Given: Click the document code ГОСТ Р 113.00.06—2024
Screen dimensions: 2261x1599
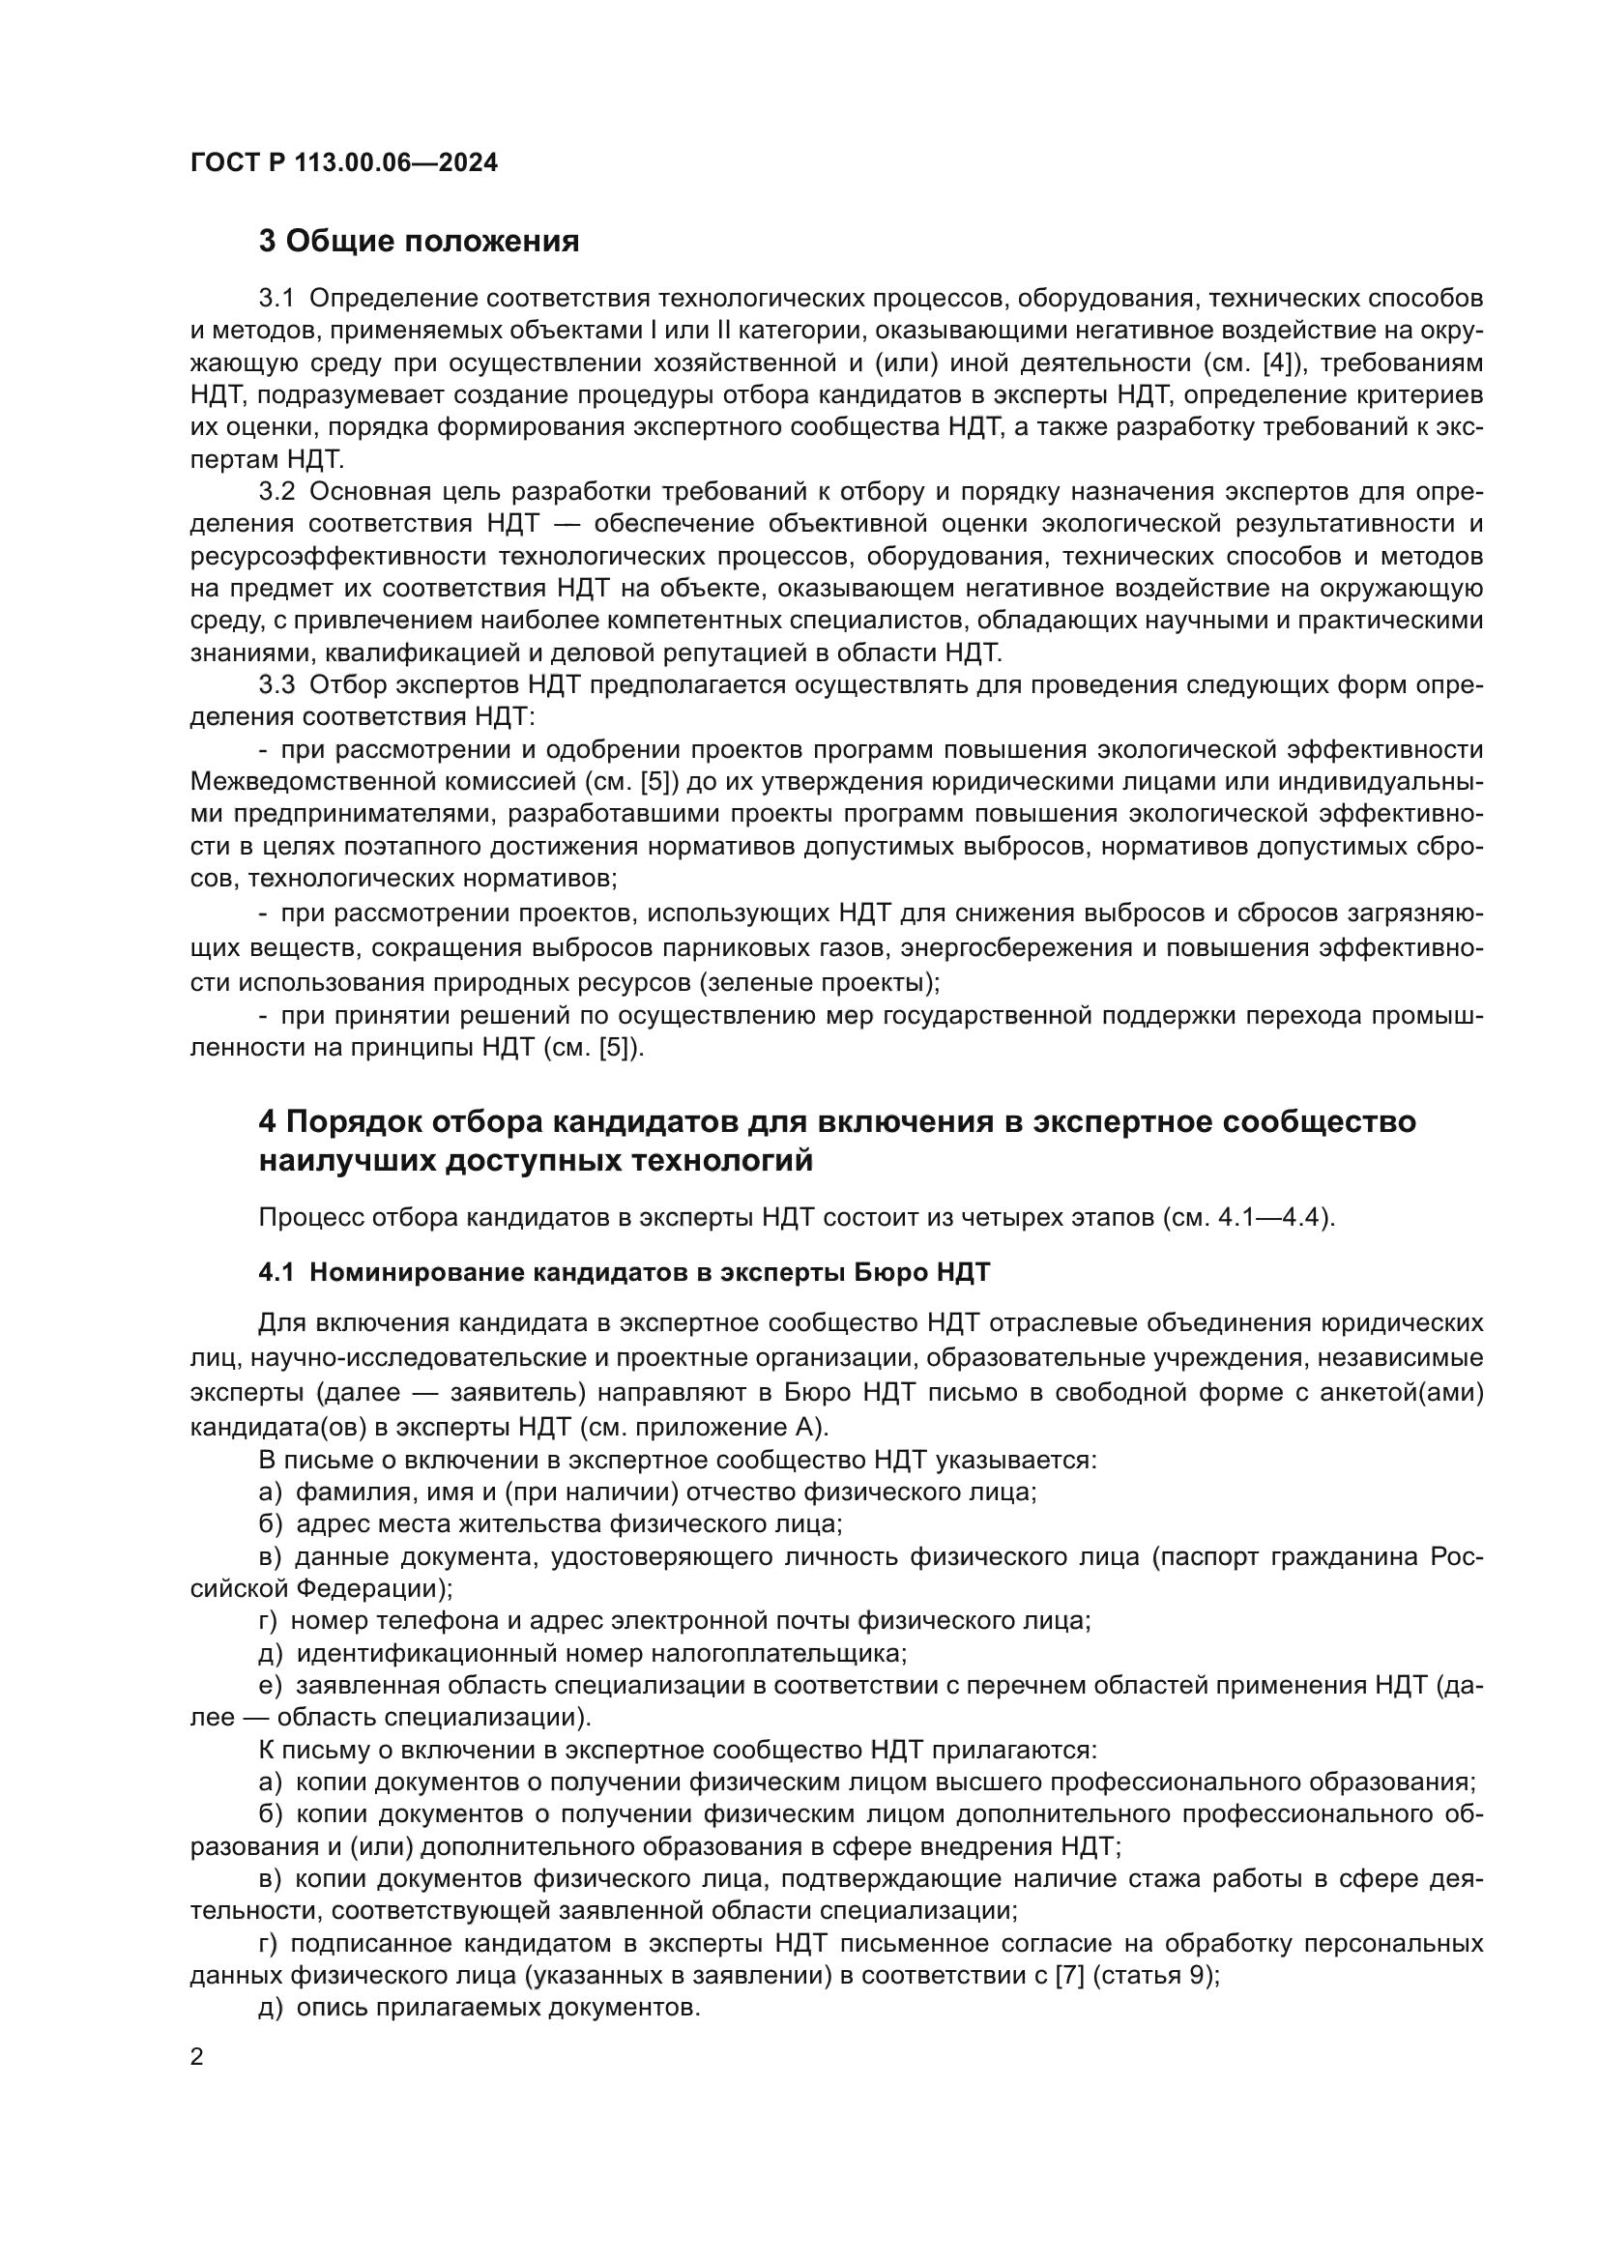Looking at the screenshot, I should click(x=343, y=162).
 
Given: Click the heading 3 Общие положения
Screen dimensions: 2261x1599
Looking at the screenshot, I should click(x=419, y=241).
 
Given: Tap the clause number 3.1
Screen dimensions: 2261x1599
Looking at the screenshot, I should click(x=276, y=299).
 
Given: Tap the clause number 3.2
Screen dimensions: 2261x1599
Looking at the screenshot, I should click(x=276, y=491).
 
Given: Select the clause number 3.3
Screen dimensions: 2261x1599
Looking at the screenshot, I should click(x=276, y=684).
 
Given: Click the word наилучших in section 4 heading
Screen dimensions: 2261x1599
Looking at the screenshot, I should click(x=345, y=1161).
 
